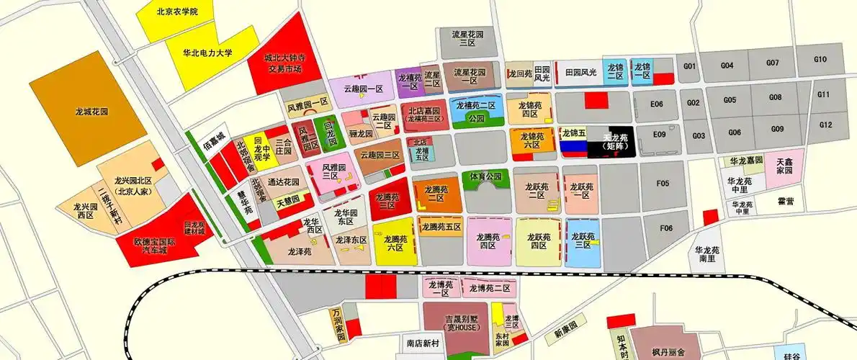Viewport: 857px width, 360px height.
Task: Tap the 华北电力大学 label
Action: coord(207,53)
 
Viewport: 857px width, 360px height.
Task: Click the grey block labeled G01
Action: coord(690,67)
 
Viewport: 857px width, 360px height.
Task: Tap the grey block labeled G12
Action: coord(825,125)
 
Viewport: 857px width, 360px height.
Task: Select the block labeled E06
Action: coord(656,104)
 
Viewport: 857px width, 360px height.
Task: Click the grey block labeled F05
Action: coord(663,184)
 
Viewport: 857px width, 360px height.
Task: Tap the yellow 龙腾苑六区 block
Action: coord(394,242)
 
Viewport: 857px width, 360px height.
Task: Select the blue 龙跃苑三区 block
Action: coord(581,240)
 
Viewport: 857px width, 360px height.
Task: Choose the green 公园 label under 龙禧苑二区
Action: coord(476,118)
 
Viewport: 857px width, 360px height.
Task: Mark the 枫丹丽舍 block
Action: coord(668,351)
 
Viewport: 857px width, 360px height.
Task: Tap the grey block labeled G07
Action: coord(772,63)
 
